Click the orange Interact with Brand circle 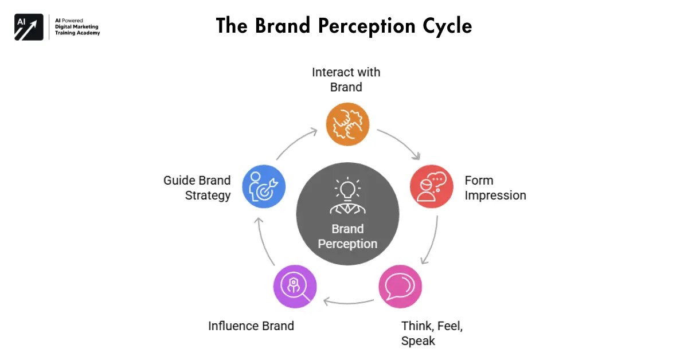(x=347, y=124)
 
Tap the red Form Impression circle (x=432, y=187)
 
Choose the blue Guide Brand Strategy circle (x=264, y=187)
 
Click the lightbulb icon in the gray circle (x=347, y=189)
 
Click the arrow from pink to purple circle (x=347, y=300)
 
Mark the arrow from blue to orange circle (x=296, y=143)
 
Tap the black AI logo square (x=29, y=27)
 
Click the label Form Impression (x=495, y=187)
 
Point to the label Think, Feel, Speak (x=431, y=333)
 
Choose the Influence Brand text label (x=251, y=326)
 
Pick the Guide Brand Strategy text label (x=197, y=187)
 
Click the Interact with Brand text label (x=346, y=80)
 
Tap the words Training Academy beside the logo (x=77, y=33)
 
